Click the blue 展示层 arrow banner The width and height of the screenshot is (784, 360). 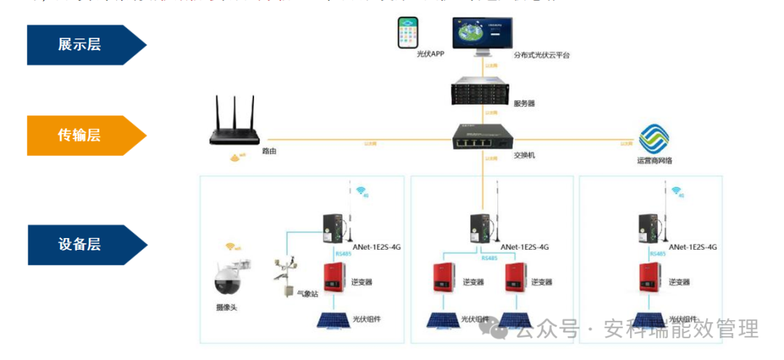click(83, 44)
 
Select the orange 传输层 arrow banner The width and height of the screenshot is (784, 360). click(83, 135)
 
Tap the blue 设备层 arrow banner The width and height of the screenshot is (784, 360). click(83, 244)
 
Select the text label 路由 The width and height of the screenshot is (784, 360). click(269, 152)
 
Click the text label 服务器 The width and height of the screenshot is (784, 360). click(524, 104)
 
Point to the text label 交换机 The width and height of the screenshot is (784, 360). click(524, 155)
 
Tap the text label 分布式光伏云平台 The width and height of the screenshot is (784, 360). click(542, 54)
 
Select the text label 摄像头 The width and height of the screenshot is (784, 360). click(226, 308)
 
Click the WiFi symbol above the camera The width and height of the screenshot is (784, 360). click(232, 247)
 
